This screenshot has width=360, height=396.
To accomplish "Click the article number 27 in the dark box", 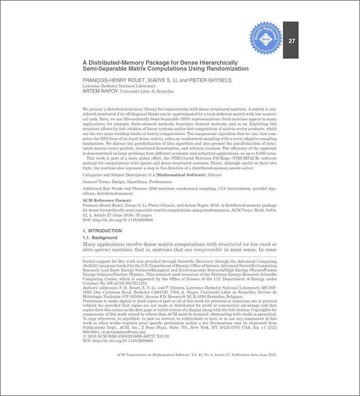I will (292, 41).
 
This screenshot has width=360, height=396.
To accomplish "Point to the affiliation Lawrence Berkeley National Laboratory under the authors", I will (119, 86).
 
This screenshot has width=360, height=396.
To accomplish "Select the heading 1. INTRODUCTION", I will (102, 231).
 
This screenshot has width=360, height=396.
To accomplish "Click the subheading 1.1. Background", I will (100, 238).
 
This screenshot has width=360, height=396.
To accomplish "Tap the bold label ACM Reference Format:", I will (107, 201).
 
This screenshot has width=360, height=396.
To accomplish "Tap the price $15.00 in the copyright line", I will (163, 336).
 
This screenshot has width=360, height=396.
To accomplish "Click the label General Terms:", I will (96, 182).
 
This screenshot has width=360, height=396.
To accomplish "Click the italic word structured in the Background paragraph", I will (230, 244).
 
